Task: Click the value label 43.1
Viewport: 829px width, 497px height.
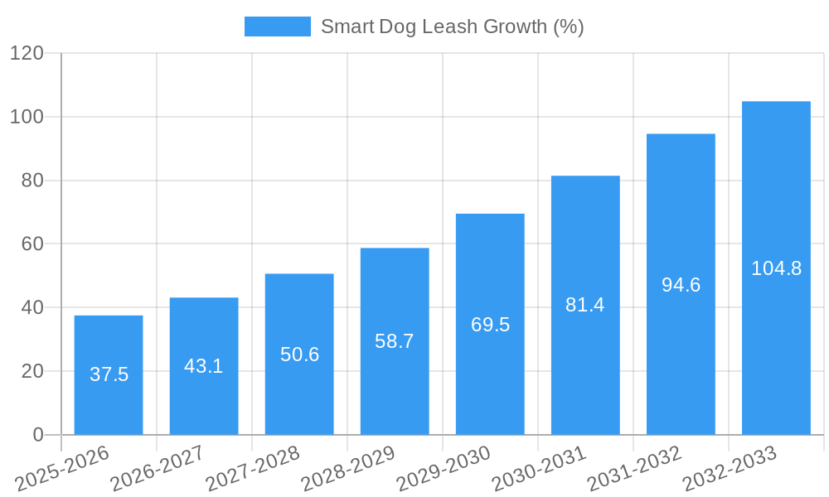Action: (204, 366)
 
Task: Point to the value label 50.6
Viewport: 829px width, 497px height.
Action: (299, 355)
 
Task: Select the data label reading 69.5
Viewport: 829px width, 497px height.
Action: (490, 325)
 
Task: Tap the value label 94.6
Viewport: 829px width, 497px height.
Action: (681, 285)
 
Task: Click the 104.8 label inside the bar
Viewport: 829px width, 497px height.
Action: (776, 268)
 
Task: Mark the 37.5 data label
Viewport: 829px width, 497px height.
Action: (109, 374)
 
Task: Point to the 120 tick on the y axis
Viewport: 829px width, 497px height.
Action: (27, 53)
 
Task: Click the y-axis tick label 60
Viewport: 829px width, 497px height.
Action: (32, 244)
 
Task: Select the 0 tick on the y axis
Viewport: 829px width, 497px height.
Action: (37, 435)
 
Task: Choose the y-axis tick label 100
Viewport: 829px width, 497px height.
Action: (27, 117)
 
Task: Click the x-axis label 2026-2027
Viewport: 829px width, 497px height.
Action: (157, 469)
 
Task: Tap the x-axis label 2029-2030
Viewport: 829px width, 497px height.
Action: (443, 469)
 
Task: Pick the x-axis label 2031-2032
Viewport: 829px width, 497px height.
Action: (633, 469)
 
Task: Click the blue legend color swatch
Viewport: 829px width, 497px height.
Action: (277, 27)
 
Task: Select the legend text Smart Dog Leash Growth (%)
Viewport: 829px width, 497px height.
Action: (452, 27)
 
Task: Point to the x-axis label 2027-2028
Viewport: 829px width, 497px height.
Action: (252, 469)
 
